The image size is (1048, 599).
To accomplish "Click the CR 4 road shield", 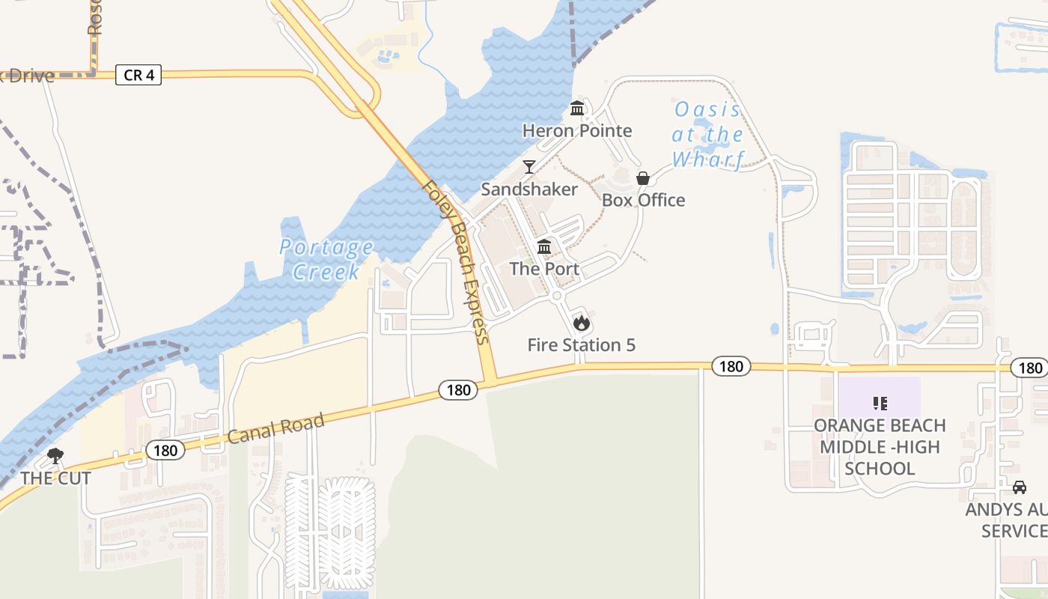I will tap(138, 75).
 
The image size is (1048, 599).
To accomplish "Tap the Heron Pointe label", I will tap(577, 131).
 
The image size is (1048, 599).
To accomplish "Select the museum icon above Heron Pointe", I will tap(577, 109).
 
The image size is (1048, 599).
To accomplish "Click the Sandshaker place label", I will tap(529, 189).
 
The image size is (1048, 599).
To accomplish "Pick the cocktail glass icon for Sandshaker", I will tap(529, 166).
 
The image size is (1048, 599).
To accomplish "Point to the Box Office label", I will tap(644, 200).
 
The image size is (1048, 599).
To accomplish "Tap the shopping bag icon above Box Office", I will tap(643, 178).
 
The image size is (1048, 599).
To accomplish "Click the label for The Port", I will tap(544, 269).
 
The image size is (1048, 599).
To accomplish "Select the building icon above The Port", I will tap(544, 247).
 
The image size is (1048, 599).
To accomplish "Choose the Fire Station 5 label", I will tap(582, 345).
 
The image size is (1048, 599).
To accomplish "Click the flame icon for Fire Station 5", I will tap(582, 323).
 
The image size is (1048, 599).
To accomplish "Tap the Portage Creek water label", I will tap(326, 259).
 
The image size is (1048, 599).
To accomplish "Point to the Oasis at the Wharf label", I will tap(708, 135).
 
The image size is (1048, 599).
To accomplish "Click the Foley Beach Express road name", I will tap(456, 262).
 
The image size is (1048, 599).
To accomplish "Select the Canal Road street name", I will tap(276, 428).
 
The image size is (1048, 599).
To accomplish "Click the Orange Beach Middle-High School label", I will tap(880, 447).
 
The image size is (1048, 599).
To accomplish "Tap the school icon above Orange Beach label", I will tap(880, 404).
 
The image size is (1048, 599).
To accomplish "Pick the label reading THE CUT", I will tap(56, 478).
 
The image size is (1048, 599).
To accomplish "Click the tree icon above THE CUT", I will tap(55, 456).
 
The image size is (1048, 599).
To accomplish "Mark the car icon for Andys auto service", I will tap(1019, 487).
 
